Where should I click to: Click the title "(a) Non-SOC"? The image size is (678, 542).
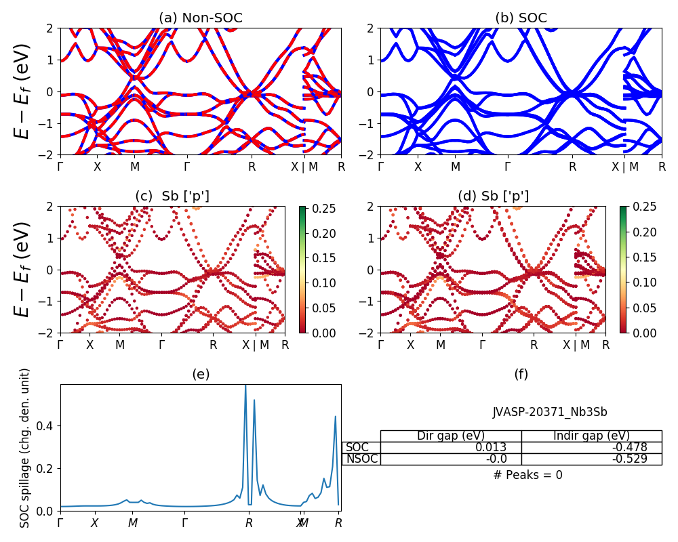point(201,18)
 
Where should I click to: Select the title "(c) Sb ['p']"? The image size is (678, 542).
point(172,196)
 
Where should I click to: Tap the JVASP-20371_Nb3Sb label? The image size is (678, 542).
point(545,411)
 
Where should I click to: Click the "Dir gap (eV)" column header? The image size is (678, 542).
point(451,436)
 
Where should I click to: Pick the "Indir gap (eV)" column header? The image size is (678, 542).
point(591,436)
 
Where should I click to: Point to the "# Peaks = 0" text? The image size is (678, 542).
point(527,475)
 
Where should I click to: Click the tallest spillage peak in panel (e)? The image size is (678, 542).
point(245,386)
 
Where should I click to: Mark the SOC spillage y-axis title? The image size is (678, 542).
point(25,448)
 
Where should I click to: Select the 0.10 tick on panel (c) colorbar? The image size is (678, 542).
point(326,283)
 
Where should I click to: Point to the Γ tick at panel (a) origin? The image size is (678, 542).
point(60,167)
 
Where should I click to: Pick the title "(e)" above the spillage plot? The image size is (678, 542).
point(201,374)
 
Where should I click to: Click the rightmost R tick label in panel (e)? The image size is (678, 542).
point(338,523)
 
